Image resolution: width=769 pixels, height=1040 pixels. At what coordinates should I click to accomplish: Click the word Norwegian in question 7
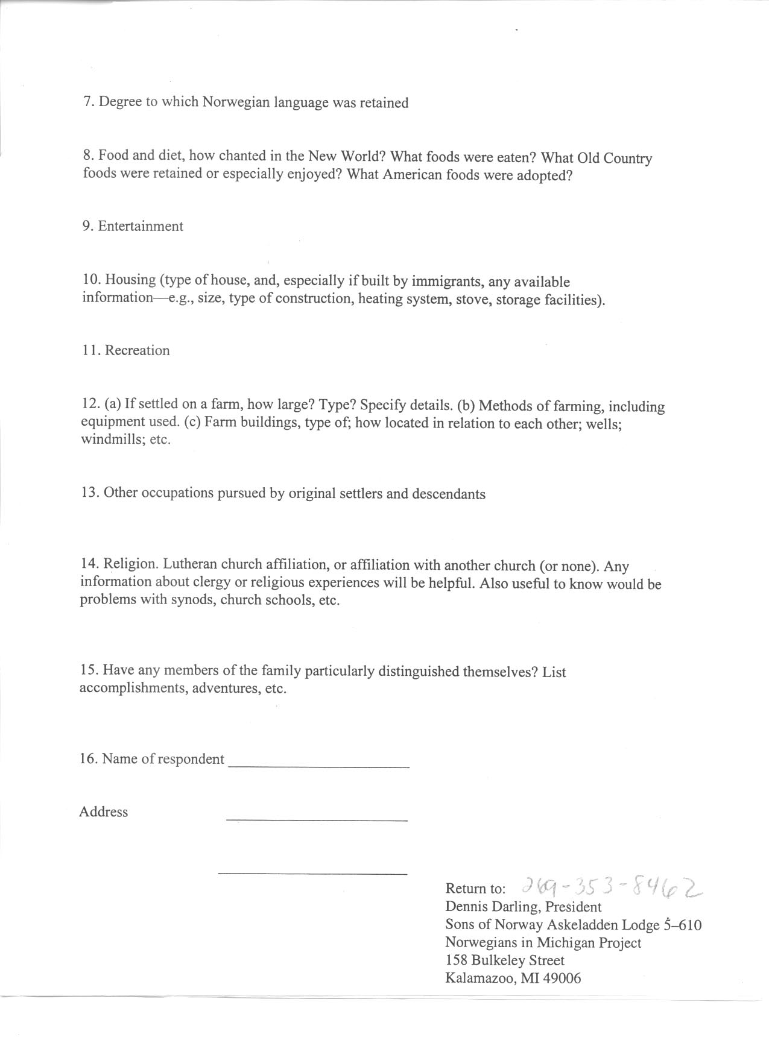236,102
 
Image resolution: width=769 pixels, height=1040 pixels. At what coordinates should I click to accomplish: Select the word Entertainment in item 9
141,227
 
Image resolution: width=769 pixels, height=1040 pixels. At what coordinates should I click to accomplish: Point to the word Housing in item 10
130,280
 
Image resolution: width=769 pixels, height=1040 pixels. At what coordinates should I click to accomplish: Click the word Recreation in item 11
137,351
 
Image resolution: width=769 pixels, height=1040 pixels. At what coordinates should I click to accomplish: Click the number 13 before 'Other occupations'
89,493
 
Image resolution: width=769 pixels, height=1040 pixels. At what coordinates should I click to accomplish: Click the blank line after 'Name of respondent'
319,766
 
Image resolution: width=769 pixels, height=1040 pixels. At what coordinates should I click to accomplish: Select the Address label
103,812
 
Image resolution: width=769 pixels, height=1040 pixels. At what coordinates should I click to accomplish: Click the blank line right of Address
317,819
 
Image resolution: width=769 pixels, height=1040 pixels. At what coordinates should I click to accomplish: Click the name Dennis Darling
493,907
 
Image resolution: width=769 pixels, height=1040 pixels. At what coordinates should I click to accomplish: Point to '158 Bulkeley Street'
505,960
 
